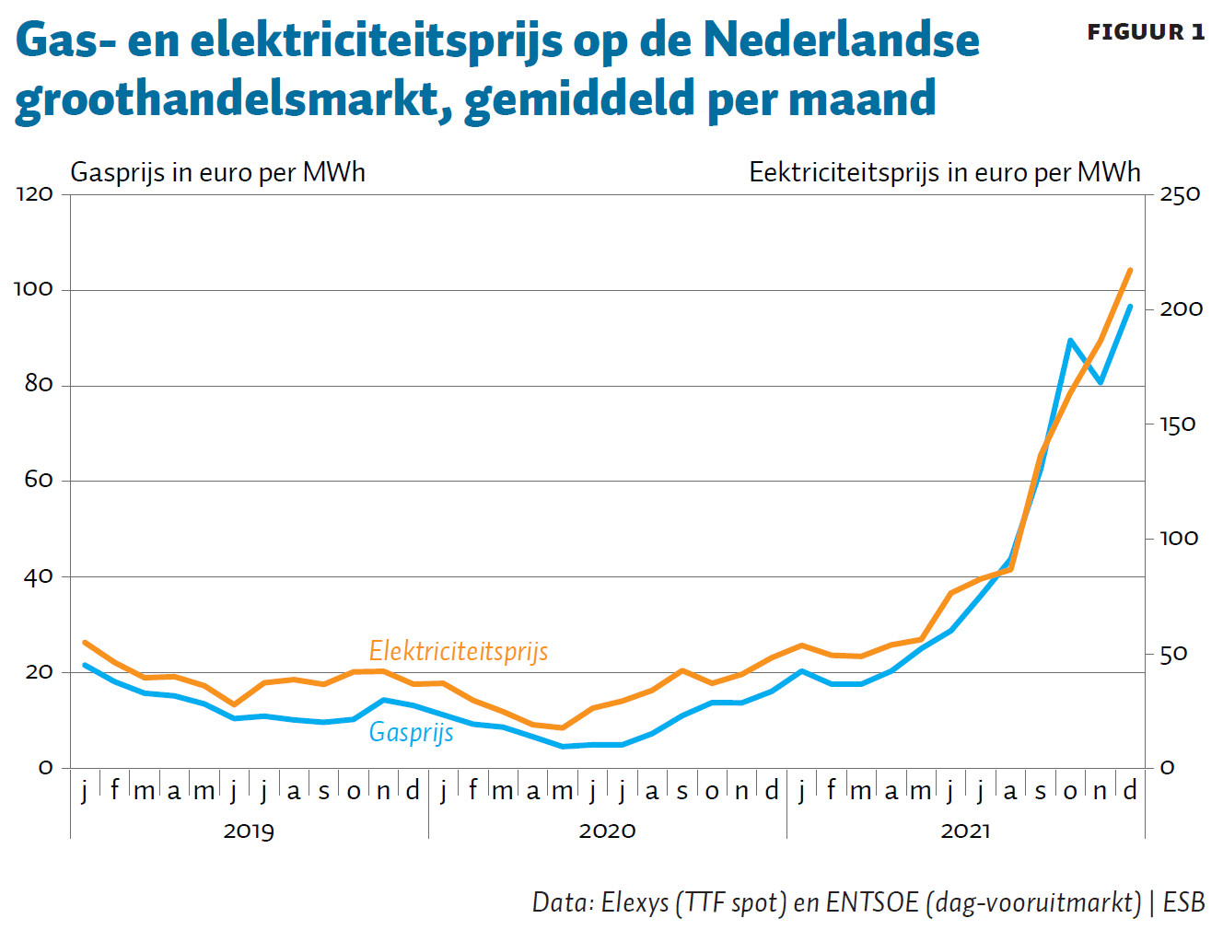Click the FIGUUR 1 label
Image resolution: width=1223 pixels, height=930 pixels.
1145,32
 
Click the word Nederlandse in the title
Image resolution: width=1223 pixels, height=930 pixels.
841,41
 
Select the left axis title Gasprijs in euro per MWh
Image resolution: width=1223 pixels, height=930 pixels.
217,172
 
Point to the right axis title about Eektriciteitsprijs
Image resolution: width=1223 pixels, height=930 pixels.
944,172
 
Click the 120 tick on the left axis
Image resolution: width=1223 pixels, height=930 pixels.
34,194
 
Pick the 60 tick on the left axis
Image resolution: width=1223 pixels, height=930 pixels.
39,481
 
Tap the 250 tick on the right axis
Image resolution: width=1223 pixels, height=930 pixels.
1180,194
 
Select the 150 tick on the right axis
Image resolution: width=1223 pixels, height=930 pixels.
1177,424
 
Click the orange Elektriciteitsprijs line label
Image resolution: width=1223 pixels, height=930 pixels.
459,651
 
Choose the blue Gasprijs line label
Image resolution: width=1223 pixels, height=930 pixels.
411,732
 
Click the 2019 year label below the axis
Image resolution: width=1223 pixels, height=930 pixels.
249,831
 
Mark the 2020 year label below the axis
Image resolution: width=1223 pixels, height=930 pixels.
607,831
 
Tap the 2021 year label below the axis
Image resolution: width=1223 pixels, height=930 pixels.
965,831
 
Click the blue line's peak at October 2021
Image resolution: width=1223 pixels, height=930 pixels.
1070,341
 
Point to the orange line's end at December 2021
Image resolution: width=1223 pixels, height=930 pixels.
1130,271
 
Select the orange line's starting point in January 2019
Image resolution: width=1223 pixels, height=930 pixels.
85,643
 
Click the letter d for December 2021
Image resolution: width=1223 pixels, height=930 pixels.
1130,790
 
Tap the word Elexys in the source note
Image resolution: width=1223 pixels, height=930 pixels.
635,902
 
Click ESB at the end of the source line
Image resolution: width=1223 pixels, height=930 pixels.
1183,902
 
